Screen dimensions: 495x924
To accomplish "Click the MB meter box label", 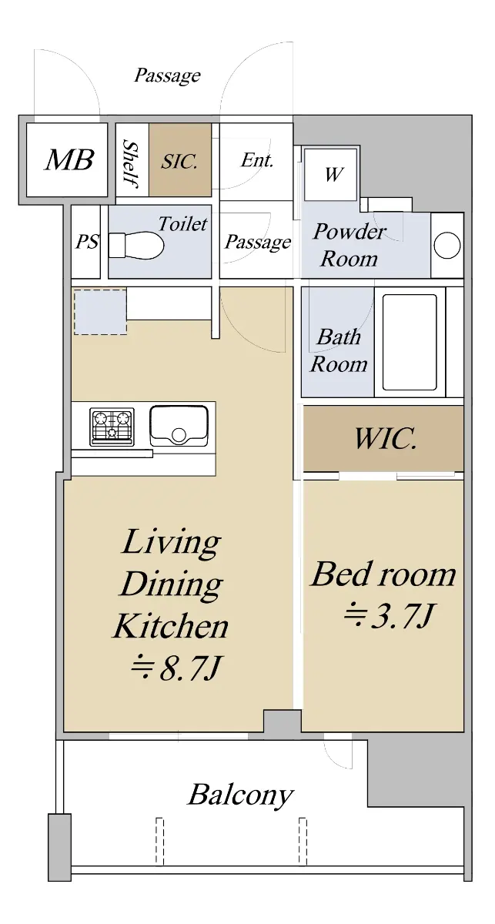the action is (x=69, y=159).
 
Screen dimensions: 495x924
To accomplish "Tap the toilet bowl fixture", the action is (x=136, y=245).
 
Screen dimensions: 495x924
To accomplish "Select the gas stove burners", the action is (x=112, y=427).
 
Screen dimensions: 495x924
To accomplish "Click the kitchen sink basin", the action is (x=179, y=426).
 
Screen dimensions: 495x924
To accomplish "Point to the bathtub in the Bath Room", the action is (x=410, y=342).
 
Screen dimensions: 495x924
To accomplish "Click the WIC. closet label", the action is (x=385, y=438).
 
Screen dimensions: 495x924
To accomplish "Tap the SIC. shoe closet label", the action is (x=179, y=161).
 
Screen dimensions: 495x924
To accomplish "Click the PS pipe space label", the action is (x=87, y=241).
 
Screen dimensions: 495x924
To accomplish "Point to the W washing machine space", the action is (x=333, y=174).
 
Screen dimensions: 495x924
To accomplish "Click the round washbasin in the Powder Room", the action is (x=447, y=245).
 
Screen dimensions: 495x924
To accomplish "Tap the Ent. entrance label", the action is (x=257, y=160).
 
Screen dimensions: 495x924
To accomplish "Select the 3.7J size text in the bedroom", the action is (x=389, y=616).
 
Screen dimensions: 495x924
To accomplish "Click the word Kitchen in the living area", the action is (x=171, y=625).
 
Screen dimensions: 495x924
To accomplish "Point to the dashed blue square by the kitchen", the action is (x=100, y=312).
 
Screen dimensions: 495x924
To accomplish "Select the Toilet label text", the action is (x=182, y=224).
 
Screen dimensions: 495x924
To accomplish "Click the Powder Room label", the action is (x=350, y=245).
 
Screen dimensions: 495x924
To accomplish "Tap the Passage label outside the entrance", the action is (x=168, y=76).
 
